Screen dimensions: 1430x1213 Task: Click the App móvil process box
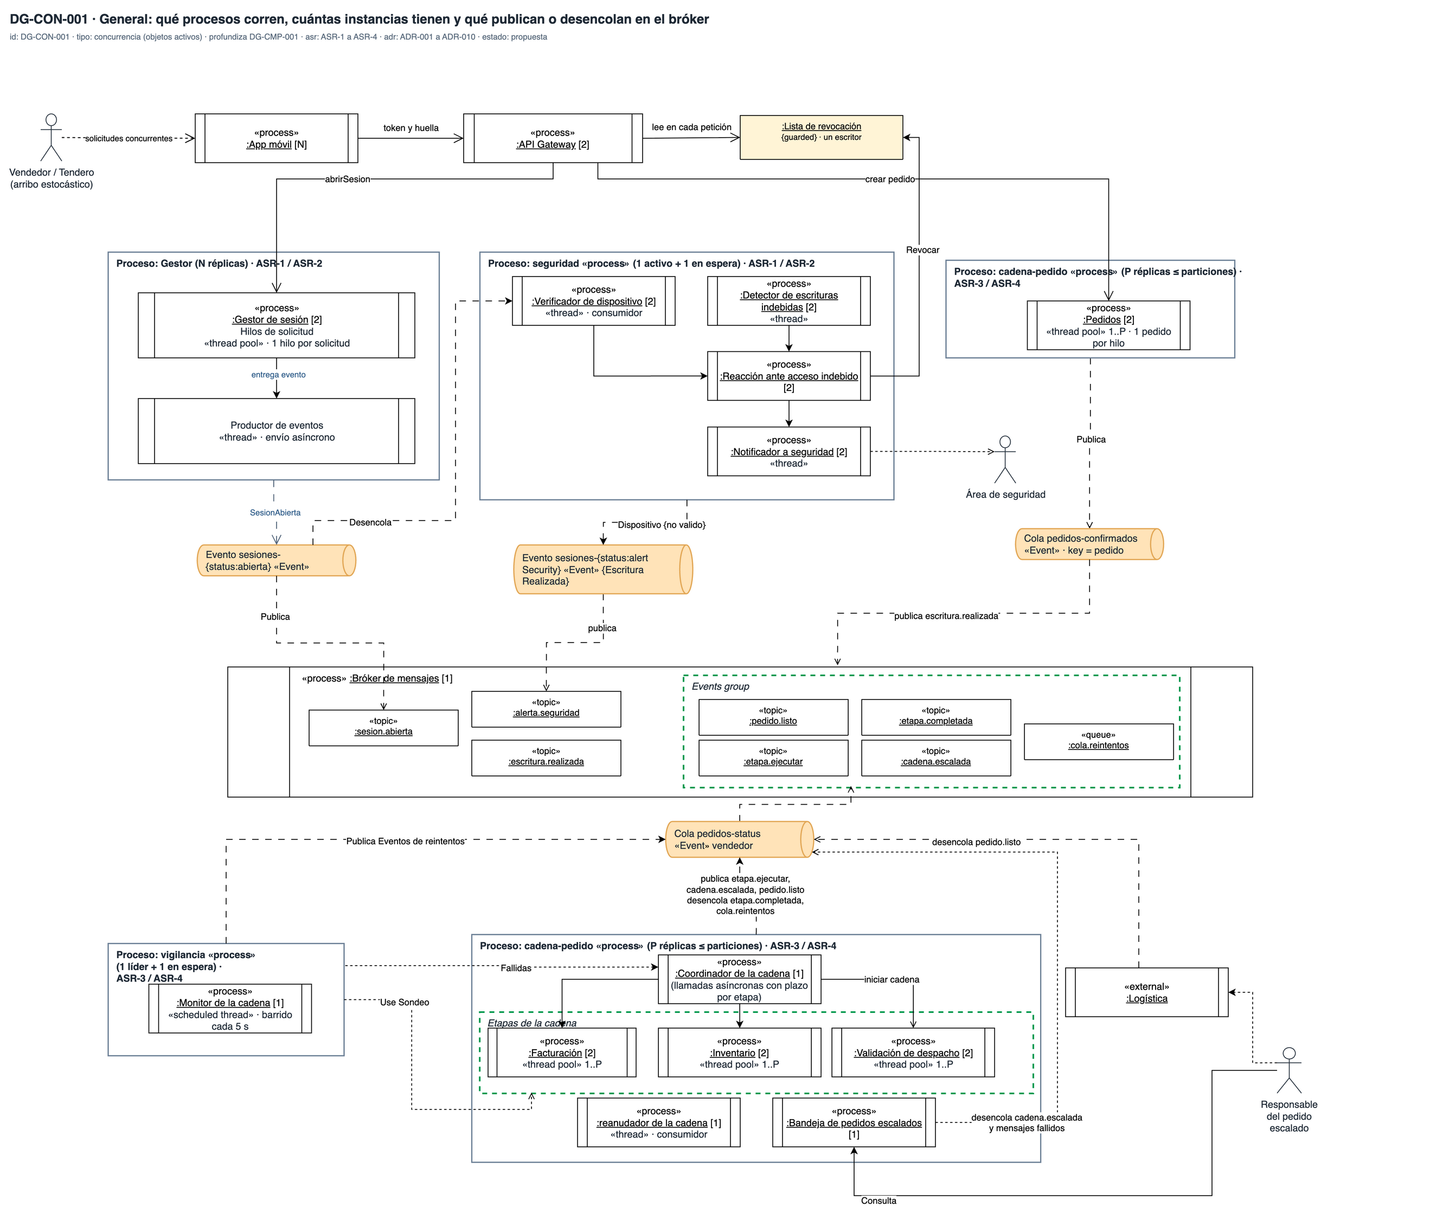coord(277,138)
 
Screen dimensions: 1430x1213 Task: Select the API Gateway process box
coord(553,138)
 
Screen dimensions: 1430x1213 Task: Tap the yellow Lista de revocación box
coord(821,138)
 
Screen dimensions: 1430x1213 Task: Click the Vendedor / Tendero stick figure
coord(51,138)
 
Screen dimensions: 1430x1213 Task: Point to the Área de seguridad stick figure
coord(1005,459)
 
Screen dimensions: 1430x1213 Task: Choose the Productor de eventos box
coord(277,431)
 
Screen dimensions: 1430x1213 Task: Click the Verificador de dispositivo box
coord(593,301)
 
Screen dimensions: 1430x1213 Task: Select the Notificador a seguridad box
coord(788,452)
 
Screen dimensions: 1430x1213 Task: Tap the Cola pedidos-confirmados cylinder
coord(1089,544)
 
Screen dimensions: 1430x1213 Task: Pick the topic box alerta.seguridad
coord(546,709)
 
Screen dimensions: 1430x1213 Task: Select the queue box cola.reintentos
coord(1099,741)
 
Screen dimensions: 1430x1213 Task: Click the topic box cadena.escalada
coord(935,758)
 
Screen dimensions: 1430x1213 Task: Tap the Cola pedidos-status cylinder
coord(739,839)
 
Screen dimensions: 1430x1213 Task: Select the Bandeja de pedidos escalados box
coord(854,1122)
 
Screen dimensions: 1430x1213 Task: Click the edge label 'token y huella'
coord(411,128)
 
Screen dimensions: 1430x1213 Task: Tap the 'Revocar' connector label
coord(922,249)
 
